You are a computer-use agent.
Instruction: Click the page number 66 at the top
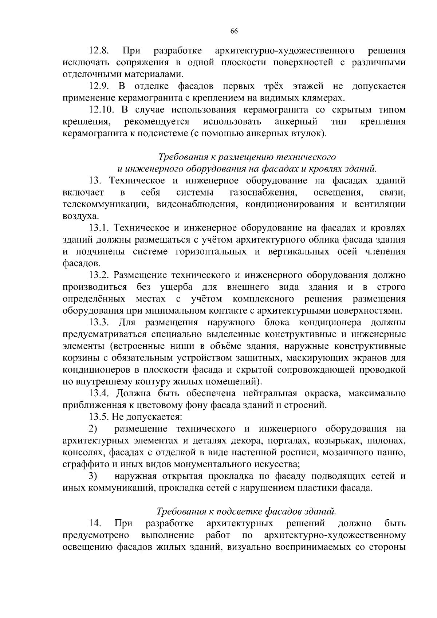click(x=234, y=31)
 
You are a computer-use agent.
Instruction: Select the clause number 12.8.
click(x=100, y=51)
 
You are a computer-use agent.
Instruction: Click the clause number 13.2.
click(x=100, y=275)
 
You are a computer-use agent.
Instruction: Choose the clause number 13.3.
click(x=100, y=322)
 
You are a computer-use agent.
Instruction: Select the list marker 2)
click(x=93, y=429)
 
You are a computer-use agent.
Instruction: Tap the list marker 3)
click(x=93, y=476)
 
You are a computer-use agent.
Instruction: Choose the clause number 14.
click(x=95, y=523)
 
